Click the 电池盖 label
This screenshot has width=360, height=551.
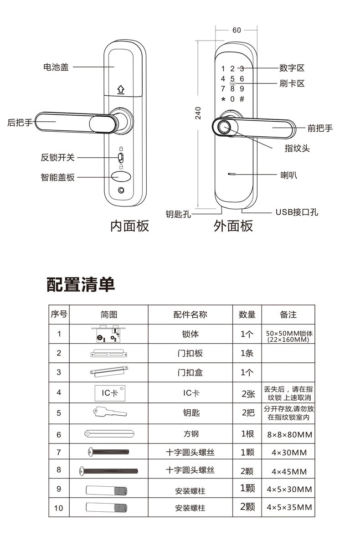click(56, 67)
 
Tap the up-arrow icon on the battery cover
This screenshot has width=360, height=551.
click(121, 89)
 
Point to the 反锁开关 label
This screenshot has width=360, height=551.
click(57, 158)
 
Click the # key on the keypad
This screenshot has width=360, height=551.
click(242, 99)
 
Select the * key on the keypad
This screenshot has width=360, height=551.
click(223, 99)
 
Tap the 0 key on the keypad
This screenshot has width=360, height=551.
click(232, 99)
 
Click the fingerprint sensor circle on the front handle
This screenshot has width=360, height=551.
click(224, 127)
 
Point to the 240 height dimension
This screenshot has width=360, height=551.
click(198, 113)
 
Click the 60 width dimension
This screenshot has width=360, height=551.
click(237, 31)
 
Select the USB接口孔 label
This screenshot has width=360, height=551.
click(297, 212)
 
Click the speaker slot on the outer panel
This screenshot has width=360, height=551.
click(232, 175)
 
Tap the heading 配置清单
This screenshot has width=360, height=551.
click(81, 284)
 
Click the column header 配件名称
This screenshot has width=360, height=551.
click(190, 314)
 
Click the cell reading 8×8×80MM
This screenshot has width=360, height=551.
click(289, 435)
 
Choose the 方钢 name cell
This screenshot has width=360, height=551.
click(190, 434)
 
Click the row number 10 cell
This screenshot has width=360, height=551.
click(59, 508)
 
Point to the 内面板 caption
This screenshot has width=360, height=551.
click(130, 226)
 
